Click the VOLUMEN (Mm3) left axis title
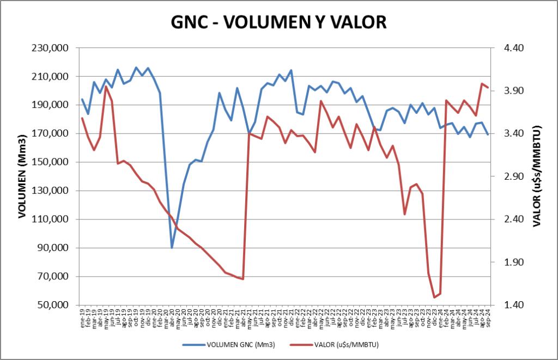[22, 176]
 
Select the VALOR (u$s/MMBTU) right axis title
[536, 176]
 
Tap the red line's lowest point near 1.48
[434, 297]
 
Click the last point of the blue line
[488, 135]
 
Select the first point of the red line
[82, 118]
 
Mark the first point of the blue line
[82, 100]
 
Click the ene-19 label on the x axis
[82, 315]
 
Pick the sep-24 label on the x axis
[488, 315]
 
